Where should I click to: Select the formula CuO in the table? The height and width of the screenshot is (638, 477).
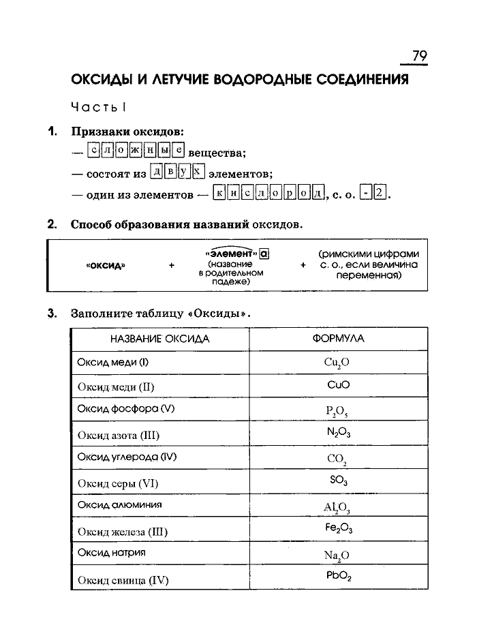(x=338, y=384)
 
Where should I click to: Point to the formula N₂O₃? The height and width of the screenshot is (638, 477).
(x=338, y=432)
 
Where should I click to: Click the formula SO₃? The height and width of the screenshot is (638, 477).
(x=338, y=480)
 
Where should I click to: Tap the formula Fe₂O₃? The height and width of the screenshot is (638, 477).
(x=338, y=528)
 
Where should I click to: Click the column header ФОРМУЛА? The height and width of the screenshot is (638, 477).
(x=338, y=339)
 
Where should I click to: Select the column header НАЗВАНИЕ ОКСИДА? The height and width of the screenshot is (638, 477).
(x=159, y=339)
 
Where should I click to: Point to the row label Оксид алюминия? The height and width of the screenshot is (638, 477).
(x=119, y=505)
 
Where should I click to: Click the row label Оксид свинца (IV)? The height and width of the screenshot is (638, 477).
(x=123, y=580)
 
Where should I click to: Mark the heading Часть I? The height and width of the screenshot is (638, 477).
(x=99, y=108)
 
